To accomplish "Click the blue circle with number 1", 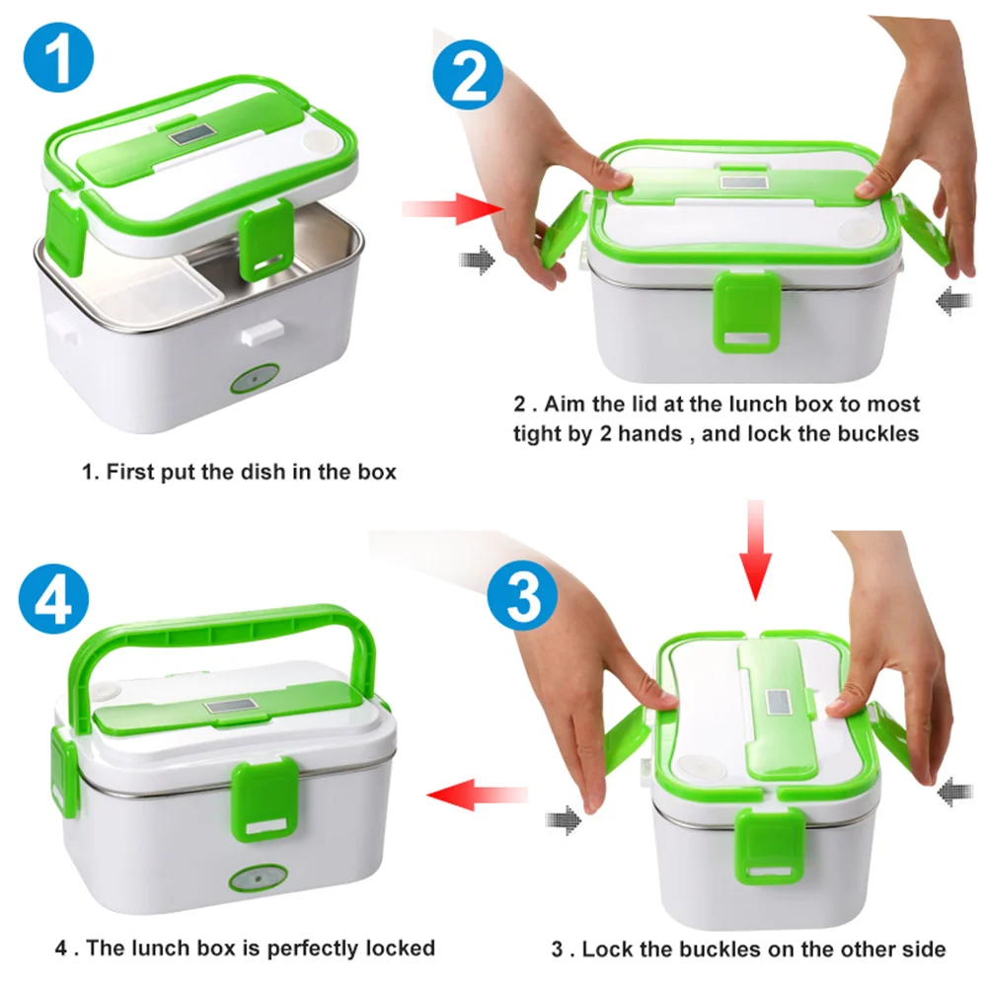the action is (58, 58).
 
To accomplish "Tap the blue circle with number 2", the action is (468, 75).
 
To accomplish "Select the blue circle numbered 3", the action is (522, 595).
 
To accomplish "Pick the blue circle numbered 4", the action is (54, 599).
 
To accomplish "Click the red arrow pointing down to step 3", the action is (755, 551).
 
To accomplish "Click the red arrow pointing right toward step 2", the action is (452, 209).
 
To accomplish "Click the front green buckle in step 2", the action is (746, 311).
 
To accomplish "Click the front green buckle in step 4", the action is (265, 799).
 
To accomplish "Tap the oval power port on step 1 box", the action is (255, 380).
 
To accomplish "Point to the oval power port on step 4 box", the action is (258, 878).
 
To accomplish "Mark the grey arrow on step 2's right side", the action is (947, 301).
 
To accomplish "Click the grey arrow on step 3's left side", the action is (564, 820).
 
